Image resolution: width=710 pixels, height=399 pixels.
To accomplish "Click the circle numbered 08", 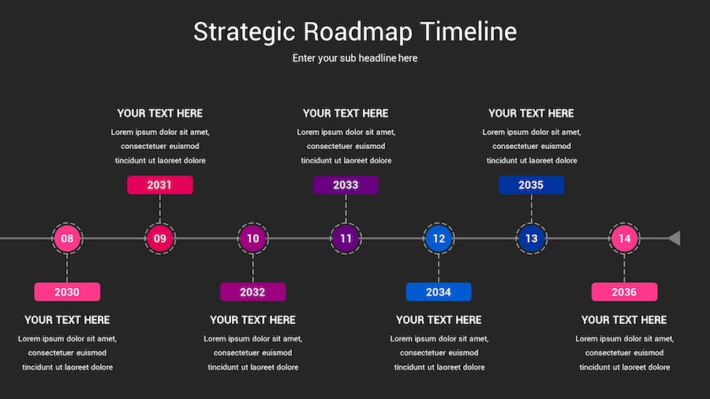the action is tap(67, 238).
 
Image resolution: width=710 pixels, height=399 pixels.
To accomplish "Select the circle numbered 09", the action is tap(160, 238).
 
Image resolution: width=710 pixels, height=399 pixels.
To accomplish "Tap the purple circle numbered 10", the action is tap(252, 238).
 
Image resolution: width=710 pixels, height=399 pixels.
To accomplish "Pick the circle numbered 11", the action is tap(346, 238).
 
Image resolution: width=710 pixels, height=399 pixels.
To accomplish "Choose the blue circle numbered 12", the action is tap(439, 238).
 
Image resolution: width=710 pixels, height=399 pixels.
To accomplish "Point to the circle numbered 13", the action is tap(531, 238).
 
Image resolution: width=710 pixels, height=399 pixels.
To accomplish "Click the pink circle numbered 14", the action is tap(625, 238).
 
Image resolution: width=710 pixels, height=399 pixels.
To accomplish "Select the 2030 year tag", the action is tap(67, 292).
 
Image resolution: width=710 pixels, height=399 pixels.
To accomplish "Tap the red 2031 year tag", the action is tap(160, 185).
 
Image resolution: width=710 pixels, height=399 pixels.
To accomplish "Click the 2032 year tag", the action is tap(252, 292).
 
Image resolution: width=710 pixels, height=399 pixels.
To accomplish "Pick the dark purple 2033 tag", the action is tap(346, 185).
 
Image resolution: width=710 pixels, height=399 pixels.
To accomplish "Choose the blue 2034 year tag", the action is tap(439, 292).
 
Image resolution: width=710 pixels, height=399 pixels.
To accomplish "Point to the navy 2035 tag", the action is tap(531, 185).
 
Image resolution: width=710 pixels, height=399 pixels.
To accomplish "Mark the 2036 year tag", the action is tap(625, 292).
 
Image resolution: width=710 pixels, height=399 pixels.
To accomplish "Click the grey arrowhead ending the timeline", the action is tap(674, 238).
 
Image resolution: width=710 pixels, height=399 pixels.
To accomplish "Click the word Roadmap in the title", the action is tap(357, 32).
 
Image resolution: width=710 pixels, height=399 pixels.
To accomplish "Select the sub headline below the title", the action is tap(354, 58).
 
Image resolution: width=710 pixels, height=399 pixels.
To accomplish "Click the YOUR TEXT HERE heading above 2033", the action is tap(346, 113).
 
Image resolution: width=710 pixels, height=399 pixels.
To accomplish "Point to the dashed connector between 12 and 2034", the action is tap(439, 268).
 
